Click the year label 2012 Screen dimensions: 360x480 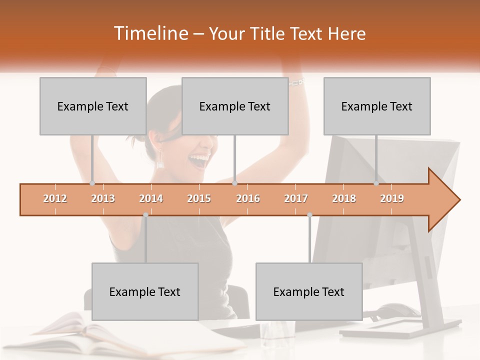click(55, 199)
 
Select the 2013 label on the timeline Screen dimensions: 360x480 click(103, 199)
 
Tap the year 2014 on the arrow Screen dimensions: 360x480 click(151, 199)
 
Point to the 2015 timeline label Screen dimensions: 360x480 click(199, 199)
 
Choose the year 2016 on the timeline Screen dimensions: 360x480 click(248, 199)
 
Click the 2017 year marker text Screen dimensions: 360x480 click(296, 199)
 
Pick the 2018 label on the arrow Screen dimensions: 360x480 click(344, 199)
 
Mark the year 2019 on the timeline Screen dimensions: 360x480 click(392, 199)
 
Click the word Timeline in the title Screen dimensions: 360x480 click(150, 33)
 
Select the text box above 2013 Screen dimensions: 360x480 click(93, 106)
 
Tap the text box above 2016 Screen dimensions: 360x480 click(235, 106)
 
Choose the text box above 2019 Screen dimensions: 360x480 click(377, 106)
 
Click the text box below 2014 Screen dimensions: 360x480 click(145, 292)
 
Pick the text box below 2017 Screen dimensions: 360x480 click(309, 292)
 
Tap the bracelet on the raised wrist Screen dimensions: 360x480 click(296, 81)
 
